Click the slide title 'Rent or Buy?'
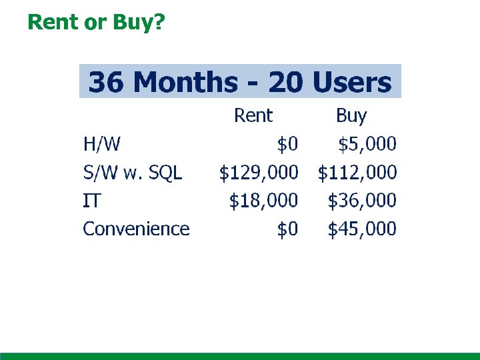96,22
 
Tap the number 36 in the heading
108,83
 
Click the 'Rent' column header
253,116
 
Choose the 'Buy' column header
351,116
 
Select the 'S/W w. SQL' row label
132,173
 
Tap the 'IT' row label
91,200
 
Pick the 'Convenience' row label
136,229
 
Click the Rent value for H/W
287,143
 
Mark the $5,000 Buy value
367,143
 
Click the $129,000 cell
259,173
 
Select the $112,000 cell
357,173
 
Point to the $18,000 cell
263,200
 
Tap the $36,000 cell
361,200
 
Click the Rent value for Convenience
287,229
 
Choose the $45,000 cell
361,229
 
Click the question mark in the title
159,22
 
